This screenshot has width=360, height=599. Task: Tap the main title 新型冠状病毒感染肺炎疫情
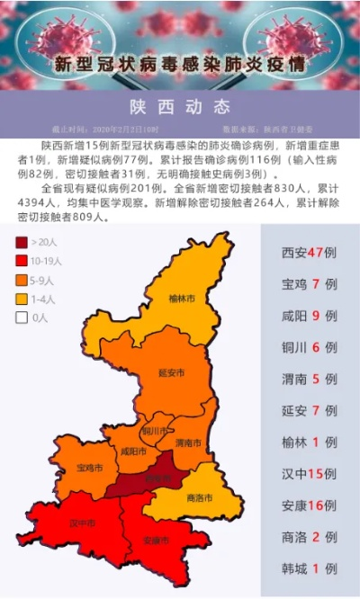179,65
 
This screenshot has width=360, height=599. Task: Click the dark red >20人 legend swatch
21,242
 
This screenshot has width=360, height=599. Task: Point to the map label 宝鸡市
89,468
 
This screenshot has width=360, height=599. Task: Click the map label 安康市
155,541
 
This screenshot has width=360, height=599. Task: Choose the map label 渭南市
187,443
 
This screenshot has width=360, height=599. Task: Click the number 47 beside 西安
315,253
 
